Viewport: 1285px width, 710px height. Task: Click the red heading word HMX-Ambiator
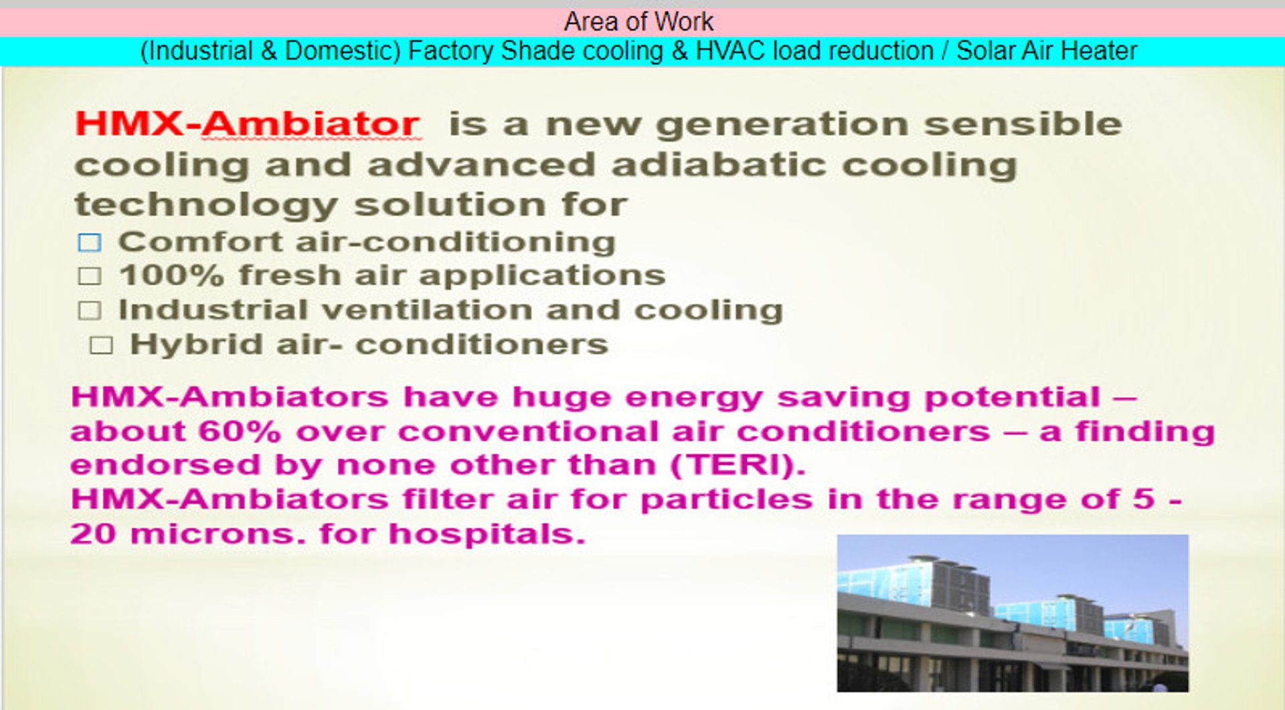click(x=247, y=124)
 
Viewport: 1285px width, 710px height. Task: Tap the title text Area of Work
click(x=638, y=22)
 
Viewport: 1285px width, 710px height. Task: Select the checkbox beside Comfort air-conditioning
click(x=90, y=242)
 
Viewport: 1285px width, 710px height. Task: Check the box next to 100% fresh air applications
click(x=90, y=276)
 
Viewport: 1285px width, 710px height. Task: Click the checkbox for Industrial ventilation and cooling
click(x=90, y=310)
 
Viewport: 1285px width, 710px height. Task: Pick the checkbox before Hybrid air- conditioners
click(x=101, y=345)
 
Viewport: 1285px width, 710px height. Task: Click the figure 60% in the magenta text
click(x=240, y=431)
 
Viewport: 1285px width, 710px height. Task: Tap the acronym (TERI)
click(x=738, y=465)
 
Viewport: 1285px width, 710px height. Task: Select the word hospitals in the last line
click(x=487, y=534)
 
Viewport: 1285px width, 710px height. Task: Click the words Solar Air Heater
click(x=1047, y=51)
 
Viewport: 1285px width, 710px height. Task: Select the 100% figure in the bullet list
click(x=171, y=276)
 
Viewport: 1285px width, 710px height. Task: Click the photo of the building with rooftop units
click(x=1013, y=613)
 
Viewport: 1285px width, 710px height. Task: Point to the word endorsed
click(x=165, y=465)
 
